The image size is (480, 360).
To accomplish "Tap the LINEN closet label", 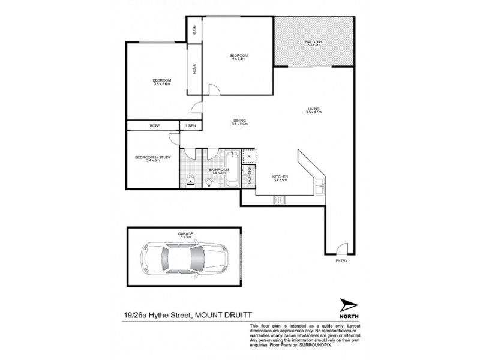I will tap(191, 126).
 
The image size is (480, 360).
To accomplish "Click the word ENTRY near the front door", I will tap(341, 261).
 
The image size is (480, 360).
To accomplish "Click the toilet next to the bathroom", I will tap(190, 178).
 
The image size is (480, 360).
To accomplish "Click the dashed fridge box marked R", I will tap(249, 155).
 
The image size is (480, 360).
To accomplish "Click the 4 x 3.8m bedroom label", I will tap(238, 58).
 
